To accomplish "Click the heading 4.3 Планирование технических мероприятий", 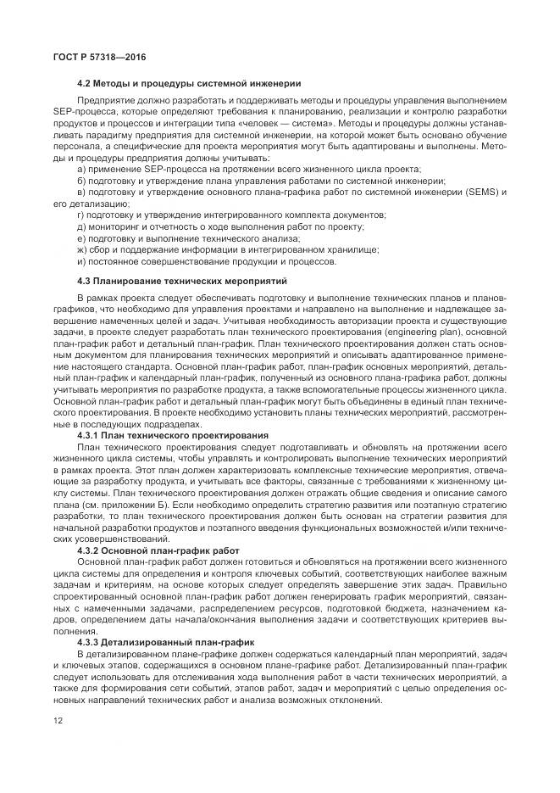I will tap(182, 279).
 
